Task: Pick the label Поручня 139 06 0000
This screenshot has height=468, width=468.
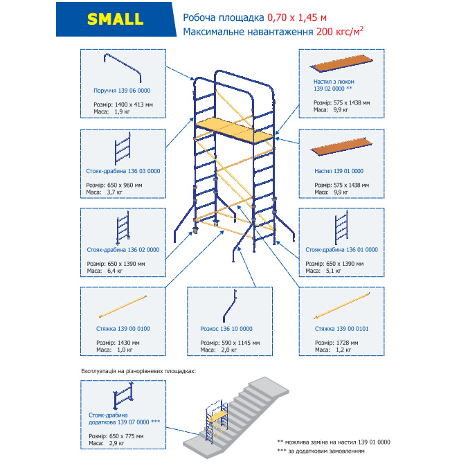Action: point(122,91)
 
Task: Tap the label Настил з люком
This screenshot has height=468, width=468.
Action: point(333,82)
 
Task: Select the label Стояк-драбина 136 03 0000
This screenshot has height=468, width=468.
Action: point(122,170)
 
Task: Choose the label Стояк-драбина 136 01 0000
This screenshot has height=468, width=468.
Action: point(341,249)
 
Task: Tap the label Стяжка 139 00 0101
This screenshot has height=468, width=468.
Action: point(341,328)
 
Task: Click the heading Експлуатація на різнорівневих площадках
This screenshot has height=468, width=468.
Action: point(138,371)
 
